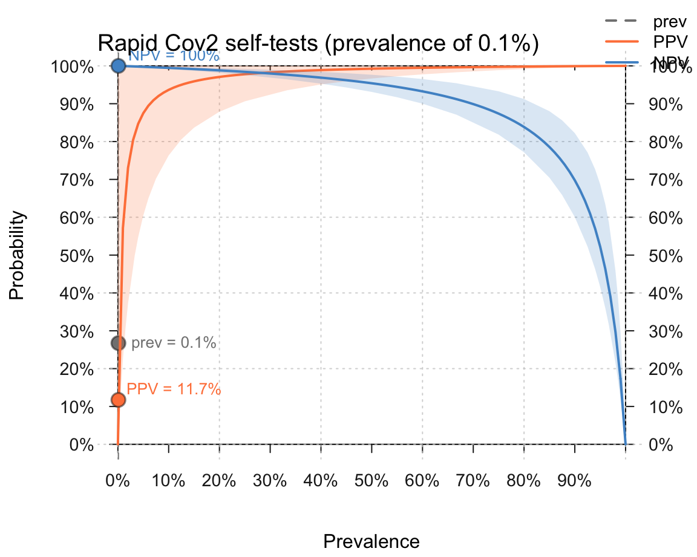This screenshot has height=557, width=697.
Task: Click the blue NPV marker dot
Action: tap(118, 65)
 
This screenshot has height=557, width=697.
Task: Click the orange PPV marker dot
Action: tap(118, 400)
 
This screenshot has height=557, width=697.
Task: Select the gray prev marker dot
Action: tap(118, 343)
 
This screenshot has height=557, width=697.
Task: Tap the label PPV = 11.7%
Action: tap(174, 389)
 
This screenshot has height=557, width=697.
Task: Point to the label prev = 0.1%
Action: tap(174, 343)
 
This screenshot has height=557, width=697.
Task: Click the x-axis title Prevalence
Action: tap(371, 541)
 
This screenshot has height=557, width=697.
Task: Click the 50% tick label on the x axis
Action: tap(371, 482)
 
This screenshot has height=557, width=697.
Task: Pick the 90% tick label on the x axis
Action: tap(574, 482)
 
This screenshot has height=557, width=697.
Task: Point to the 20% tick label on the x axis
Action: tap(219, 482)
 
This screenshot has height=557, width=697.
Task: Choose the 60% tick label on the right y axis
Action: tap(666, 218)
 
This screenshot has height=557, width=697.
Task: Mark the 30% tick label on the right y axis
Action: tap(666, 331)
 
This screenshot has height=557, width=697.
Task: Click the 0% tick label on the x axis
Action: tap(118, 482)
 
